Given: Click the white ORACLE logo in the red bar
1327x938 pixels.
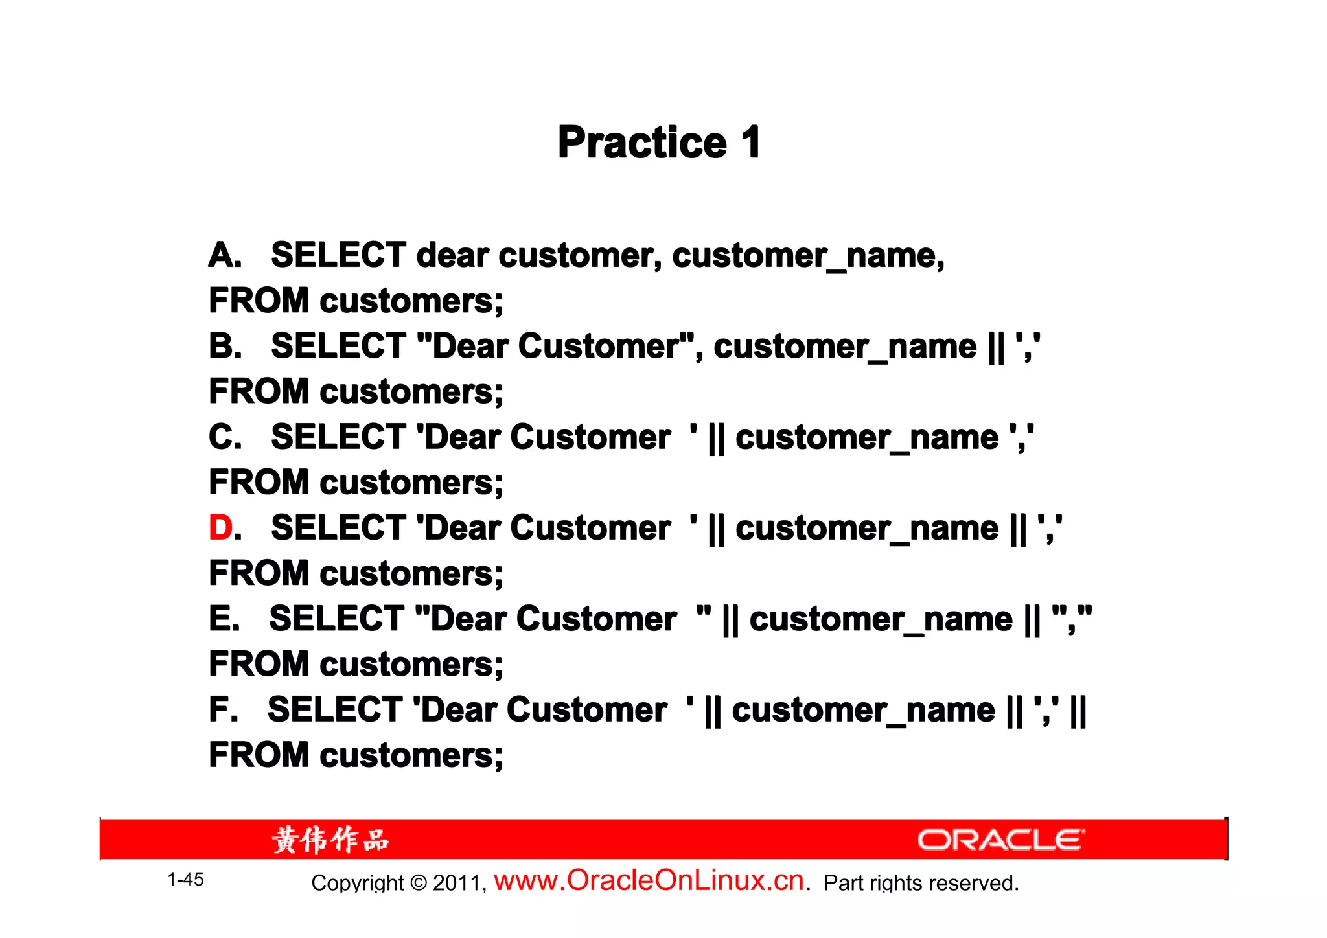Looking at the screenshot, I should click(x=1000, y=840).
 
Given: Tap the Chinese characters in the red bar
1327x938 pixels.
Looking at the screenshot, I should click(x=330, y=840).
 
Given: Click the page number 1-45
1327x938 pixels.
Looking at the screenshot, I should click(x=185, y=880).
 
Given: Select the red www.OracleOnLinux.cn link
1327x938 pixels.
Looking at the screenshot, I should click(x=649, y=880).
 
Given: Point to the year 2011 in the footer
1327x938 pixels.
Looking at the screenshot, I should click(x=457, y=883).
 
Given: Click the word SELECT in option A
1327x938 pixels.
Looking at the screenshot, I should click(x=338, y=255).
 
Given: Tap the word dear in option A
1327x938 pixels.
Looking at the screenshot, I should click(x=452, y=255).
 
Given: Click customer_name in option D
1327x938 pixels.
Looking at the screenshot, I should click(x=867, y=528).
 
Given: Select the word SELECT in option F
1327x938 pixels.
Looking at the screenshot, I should click(x=335, y=709).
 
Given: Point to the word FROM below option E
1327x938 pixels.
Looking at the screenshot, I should click(x=259, y=664).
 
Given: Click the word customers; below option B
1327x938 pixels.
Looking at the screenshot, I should click(x=411, y=391).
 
